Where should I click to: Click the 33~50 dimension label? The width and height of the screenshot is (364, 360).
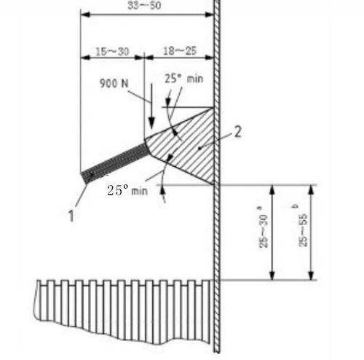(144, 5)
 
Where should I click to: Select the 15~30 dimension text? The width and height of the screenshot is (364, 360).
(112, 52)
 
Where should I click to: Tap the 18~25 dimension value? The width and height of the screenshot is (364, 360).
(180, 51)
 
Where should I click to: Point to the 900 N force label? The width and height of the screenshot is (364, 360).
(114, 83)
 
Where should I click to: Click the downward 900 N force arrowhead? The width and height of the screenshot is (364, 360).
(151, 123)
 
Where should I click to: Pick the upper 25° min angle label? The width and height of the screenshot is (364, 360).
(184, 79)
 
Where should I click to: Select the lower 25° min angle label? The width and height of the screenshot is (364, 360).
(127, 190)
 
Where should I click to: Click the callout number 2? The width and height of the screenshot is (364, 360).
(238, 132)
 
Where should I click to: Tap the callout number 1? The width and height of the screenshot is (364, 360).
(71, 216)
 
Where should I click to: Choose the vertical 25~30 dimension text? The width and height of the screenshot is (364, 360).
(264, 232)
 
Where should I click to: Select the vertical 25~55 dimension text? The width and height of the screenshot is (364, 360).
(303, 230)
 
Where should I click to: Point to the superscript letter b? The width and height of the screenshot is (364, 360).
(295, 206)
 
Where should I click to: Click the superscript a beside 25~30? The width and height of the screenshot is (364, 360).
(259, 208)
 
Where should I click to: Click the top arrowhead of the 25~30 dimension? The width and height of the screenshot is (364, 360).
(272, 189)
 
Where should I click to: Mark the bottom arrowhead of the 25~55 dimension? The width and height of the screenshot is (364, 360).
(311, 275)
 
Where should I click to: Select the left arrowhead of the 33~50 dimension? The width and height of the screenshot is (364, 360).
(85, 15)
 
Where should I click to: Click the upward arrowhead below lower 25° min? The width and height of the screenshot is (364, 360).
(163, 191)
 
